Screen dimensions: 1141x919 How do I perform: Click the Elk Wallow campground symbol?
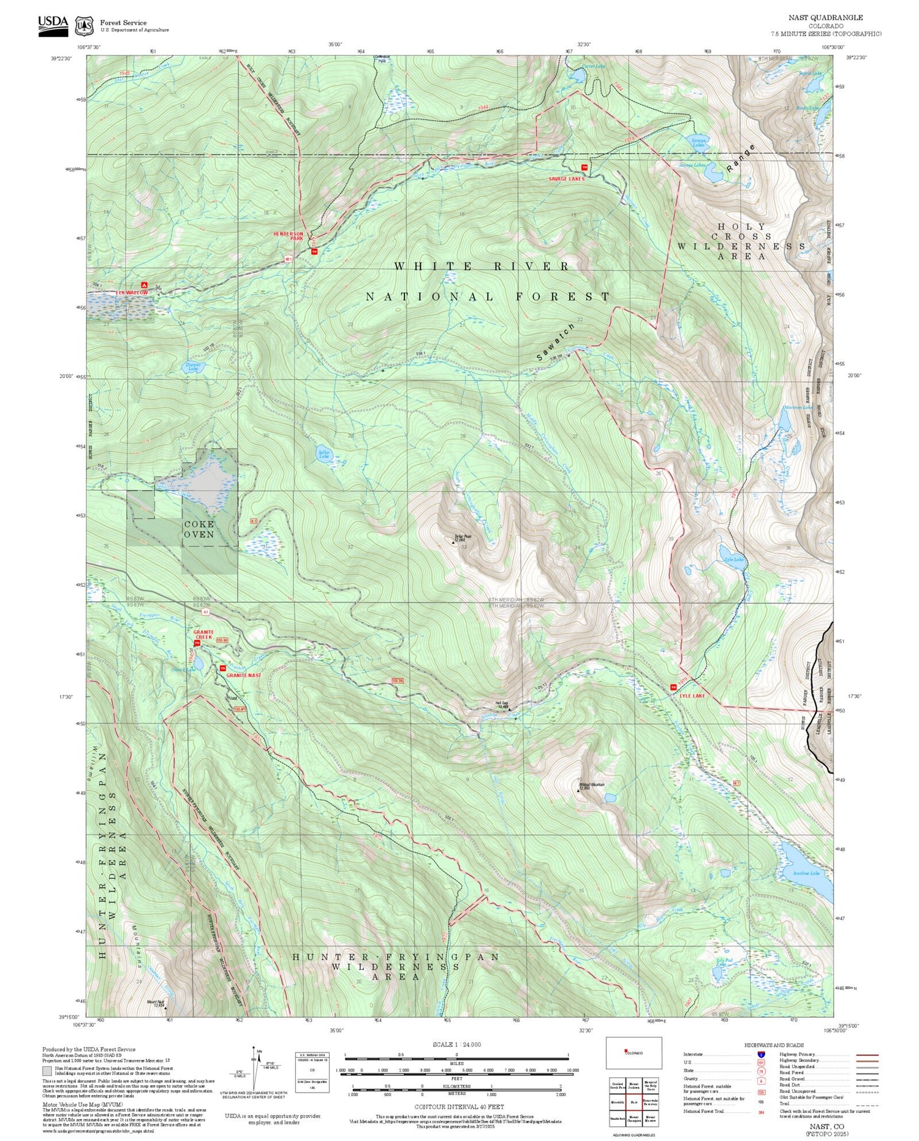tap(145, 285)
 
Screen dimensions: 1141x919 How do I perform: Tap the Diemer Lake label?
tap(193, 366)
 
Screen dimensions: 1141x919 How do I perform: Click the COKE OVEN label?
tap(199, 529)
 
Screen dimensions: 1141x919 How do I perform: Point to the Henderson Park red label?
tap(288, 236)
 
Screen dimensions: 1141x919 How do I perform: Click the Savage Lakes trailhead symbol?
tap(584, 167)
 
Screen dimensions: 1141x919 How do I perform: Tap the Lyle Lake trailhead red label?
tap(692, 696)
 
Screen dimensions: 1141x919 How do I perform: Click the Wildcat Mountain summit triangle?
tap(578, 790)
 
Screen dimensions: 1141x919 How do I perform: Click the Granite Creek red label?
tap(202, 634)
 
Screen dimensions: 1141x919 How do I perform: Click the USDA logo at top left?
tap(53, 23)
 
